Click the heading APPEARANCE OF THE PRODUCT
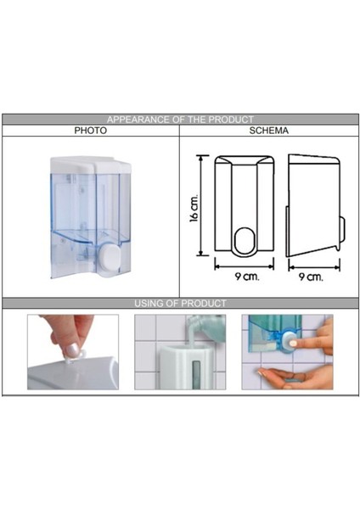point(180,120)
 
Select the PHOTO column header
point(90,131)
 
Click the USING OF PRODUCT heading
point(180,303)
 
